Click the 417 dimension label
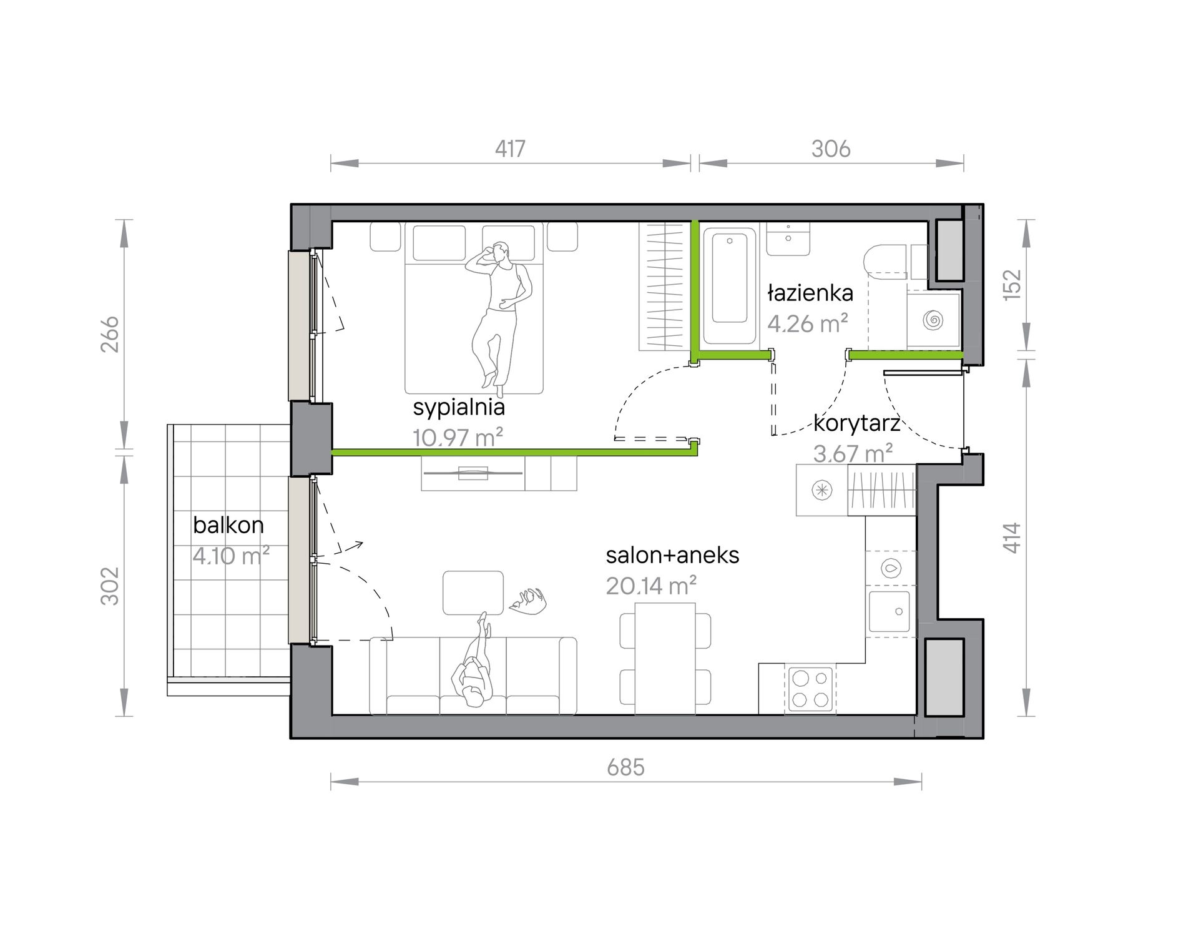pyautogui.click(x=510, y=149)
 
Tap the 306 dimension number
pyautogui.click(x=831, y=149)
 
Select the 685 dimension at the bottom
pyautogui.click(x=625, y=767)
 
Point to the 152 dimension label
pyautogui.click(x=1012, y=285)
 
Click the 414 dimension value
pyautogui.click(x=1012, y=538)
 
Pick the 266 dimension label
pyautogui.click(x=110, y=334)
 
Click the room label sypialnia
pyautogui.click(x=459, y=407)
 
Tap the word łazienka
pyautogui.click(x=810, y=292)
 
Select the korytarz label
pyautogui.click(x=856, y=424)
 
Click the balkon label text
pyautogui.click(x=228, y=525)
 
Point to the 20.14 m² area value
pyautogui.click(x=651, y=586)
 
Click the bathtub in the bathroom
pyautogui.click(x=730, y=285)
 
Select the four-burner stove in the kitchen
pyautogui.click(x=810, y=689)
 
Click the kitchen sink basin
pyautogui.click(x=889, y=612)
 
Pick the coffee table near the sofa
pyautogui.click(x=473, y=593)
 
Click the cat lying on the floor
pyautogui.click(x=528, y=601)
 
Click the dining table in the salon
pyautogui.click(x=665, y=658)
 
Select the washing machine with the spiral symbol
pyautogui.click(x=933, y=320)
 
